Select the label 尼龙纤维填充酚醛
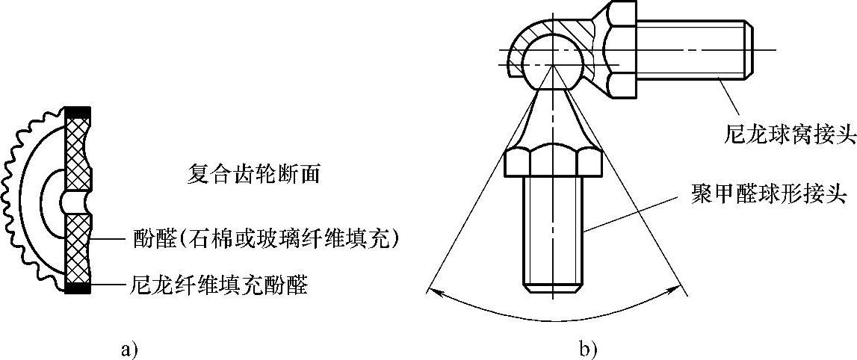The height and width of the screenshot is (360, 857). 218,285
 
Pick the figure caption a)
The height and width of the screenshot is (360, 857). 129,348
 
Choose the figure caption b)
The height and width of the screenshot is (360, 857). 588,348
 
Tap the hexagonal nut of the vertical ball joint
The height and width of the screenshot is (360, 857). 552,161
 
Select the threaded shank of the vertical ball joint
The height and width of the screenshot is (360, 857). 552,232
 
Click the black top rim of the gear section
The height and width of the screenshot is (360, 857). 78,112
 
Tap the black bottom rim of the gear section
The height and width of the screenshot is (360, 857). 78,288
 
